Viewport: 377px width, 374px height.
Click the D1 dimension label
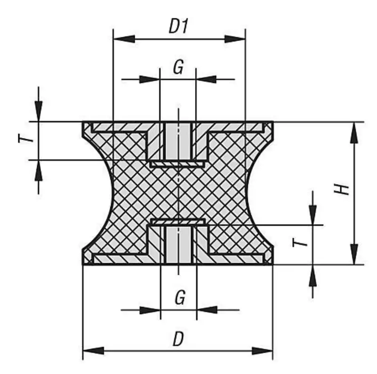tap(179, 26)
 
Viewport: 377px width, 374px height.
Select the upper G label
tap(179, 67)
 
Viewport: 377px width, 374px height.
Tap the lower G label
tap(180, 297)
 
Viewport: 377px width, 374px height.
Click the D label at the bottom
tap(178, 339)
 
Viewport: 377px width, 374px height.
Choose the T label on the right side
tap(300, 242)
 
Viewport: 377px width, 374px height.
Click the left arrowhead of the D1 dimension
tap(124, 39)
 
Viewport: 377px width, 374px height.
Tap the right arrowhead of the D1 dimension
tap(235, 39)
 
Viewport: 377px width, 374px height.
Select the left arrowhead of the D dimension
tap(93, 351)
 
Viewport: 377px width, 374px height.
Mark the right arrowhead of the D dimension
tap(262, 351)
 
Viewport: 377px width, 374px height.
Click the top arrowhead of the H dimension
tap(354, 133)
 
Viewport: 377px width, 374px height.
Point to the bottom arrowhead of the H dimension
tap(354, 254)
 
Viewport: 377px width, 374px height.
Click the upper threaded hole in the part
tap(178, 141)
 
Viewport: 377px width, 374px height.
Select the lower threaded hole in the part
tap(178, 245)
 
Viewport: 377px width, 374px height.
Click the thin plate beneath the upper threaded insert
tap(178, 164)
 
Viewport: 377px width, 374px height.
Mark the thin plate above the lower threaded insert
tap(178, 221)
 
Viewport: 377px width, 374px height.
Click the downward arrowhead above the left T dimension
tap(39, 111)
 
